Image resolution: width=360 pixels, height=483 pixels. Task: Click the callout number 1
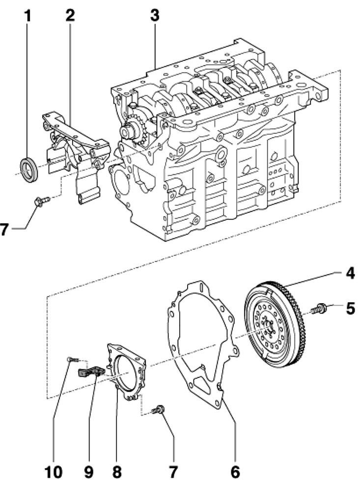click(x=28, y=16)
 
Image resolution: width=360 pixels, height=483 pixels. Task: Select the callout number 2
click(x=71, y=15)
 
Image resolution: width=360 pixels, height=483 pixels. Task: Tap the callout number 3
click(x=155, y=15)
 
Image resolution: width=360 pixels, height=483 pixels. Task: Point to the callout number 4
click(x=350, y=274)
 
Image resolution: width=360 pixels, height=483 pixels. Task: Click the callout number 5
click(x=350, y=309)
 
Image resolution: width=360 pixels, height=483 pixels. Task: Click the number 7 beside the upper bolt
click(x=4, y=229)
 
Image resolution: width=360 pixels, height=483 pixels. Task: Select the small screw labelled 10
click(x=73, y=359)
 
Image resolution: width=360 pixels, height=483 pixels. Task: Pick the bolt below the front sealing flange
click(x=42, y=201)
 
